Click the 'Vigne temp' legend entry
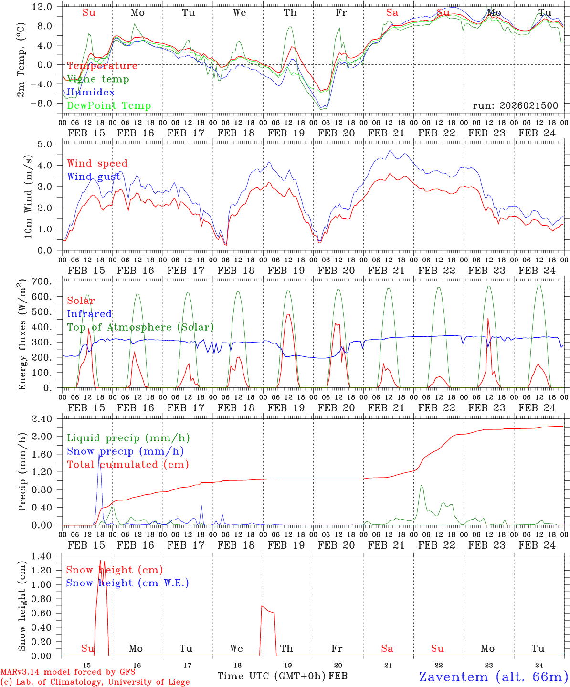(x=98, y=79)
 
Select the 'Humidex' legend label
(x=91, y=93)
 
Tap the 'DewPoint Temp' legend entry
(x=109, y=106)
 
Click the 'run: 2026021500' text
(x=515, y=106)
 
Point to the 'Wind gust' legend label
(x=94, y=177)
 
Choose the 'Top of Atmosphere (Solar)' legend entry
(x=140, y=327)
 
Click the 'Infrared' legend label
(x=89, y=314)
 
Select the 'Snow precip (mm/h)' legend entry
(x=125, y=451)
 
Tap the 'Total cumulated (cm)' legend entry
(x=127, y=465)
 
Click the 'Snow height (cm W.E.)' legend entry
(x=127, y=583)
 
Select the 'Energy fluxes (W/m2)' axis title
(x=22, y=336)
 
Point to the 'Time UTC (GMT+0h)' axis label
(x=272, y=676)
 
